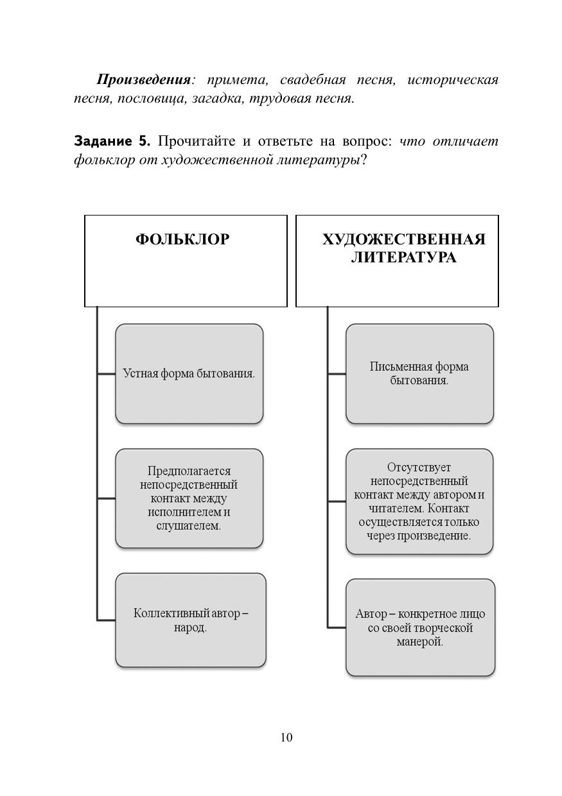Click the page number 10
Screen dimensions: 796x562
[x=286, y=738]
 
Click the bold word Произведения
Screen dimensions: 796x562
[x=143, y=80]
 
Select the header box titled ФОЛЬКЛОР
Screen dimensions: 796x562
[x=186, y=260]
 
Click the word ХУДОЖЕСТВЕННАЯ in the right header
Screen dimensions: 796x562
[x=403, y=239]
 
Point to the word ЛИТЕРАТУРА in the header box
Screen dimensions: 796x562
[x=403, y=257]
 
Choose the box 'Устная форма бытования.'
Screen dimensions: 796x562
[x=189, y=373]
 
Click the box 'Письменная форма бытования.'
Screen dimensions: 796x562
[x=419, y=373]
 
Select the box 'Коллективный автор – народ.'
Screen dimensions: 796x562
[x=191, y=620]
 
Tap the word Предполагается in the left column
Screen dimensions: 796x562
[x=189, y=471]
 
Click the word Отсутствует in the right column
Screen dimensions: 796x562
[x=419, y=468]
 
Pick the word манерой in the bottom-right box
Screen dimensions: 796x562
[x=419, y=641]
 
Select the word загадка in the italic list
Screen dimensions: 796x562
[x=215, y=99]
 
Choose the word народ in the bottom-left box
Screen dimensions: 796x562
[x=190, y=627]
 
